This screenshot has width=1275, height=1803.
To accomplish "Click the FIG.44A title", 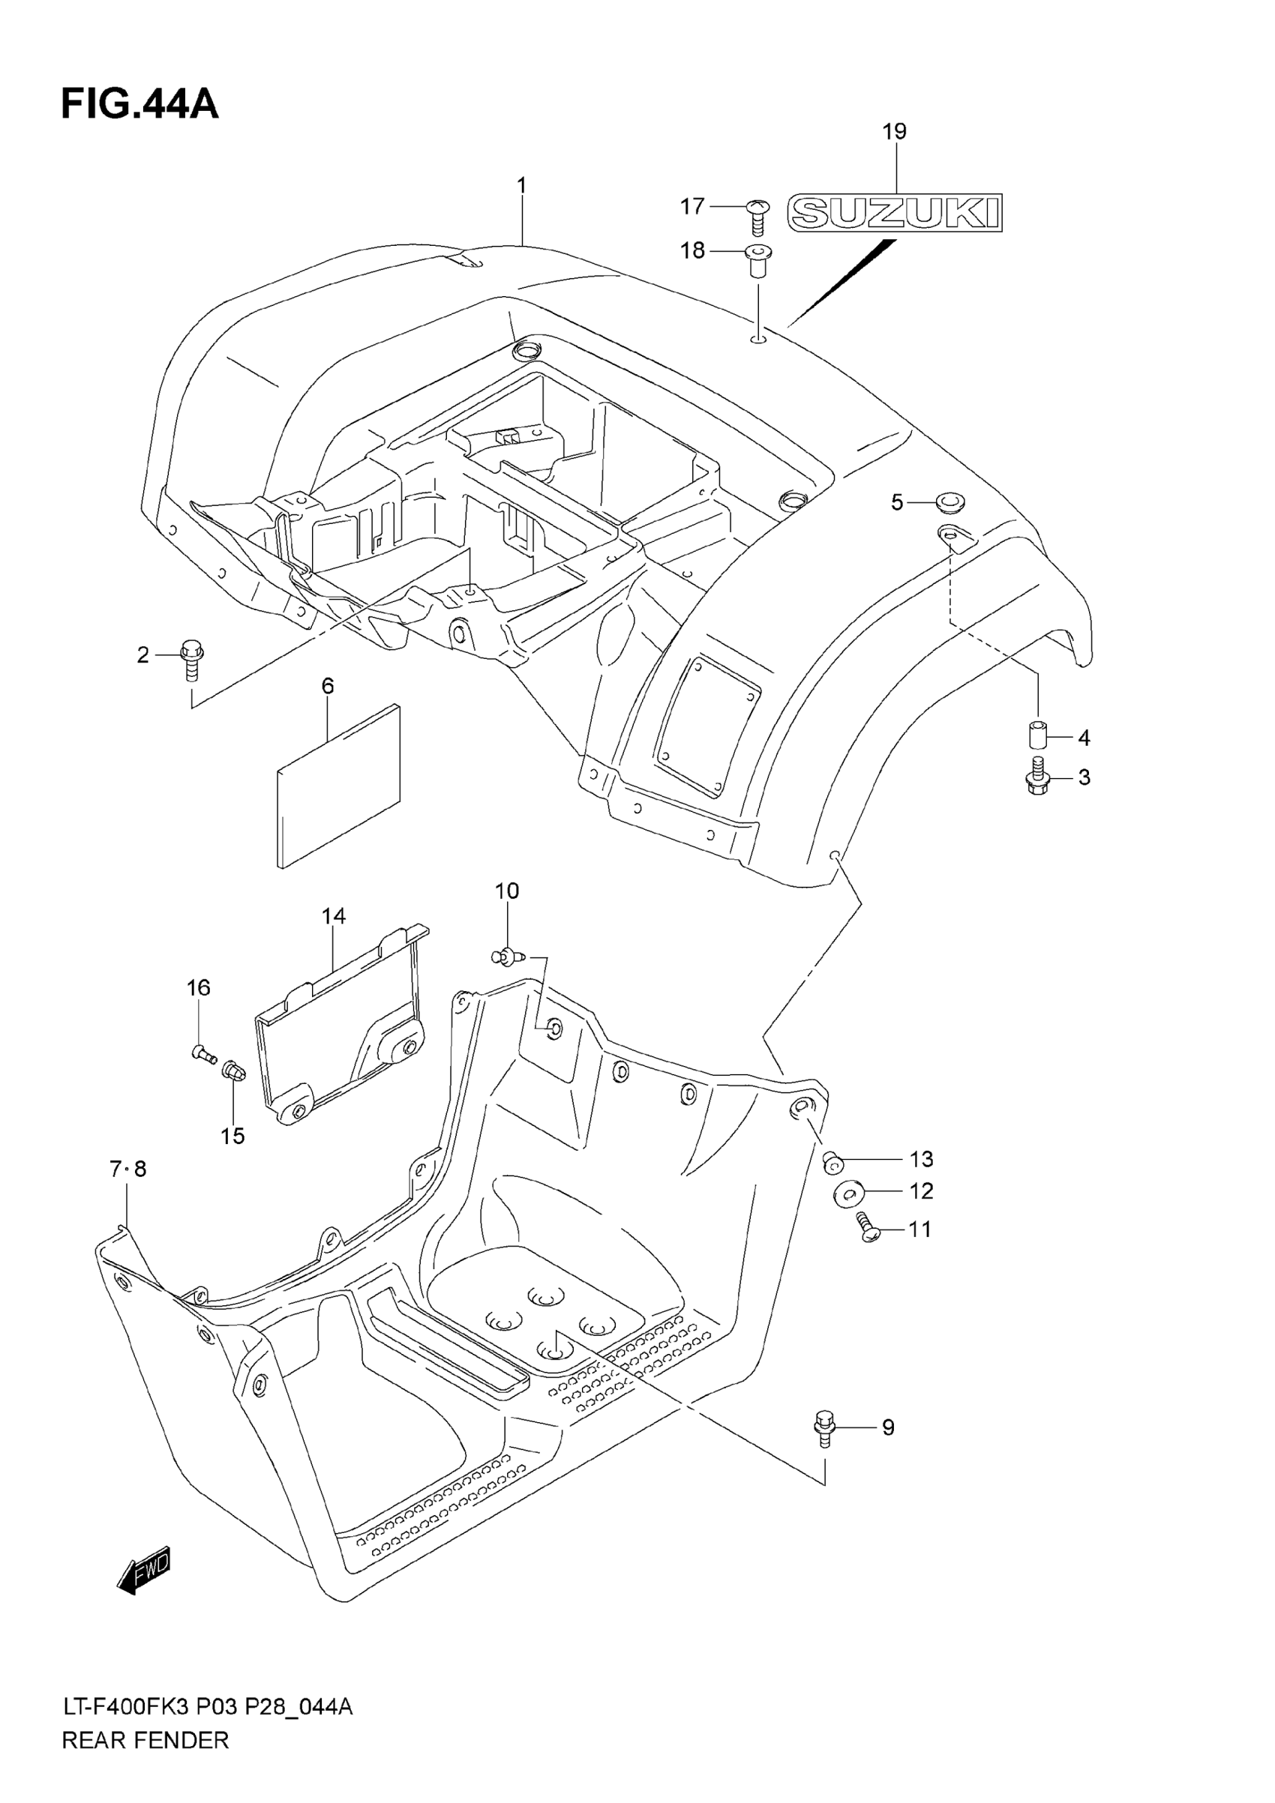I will coord(139,105).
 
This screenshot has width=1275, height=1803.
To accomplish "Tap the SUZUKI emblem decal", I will coord(895,212).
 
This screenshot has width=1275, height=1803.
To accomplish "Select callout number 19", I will coord(895,131).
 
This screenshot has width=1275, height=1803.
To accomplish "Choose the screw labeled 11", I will coord(867,1230).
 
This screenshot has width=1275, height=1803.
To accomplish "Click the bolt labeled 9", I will coord(823,1427).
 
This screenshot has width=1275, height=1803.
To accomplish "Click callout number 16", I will coord(199,987).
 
